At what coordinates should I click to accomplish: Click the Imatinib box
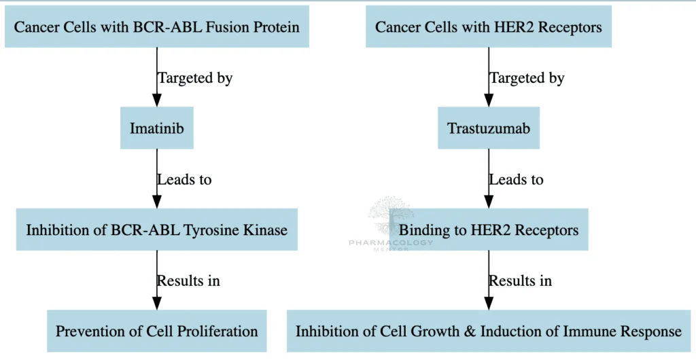(x=156, y=128)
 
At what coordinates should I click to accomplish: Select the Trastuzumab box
(x=488, y=128)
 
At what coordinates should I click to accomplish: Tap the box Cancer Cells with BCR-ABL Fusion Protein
(x=156, y=26)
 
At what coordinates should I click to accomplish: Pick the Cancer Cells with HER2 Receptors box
(x=488, y=26)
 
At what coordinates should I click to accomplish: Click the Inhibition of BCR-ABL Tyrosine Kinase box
(x=156, y=230)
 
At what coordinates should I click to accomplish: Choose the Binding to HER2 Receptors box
(x=488, y=230)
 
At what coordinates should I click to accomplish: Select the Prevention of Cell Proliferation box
(x=156, y=331)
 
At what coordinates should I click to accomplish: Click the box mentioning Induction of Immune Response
(x=488, y=331)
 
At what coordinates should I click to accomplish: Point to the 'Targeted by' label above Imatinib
(x=195, y=78)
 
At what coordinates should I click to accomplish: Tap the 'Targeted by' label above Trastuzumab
(x=527, y=78)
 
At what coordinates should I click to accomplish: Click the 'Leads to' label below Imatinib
(x=184, y=180)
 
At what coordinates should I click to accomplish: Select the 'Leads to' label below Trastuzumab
(x=516, y=180)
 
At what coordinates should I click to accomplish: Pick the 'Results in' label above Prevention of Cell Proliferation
(x=188, y=281)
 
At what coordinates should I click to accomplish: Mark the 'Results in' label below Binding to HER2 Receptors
(x=520, y=281)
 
